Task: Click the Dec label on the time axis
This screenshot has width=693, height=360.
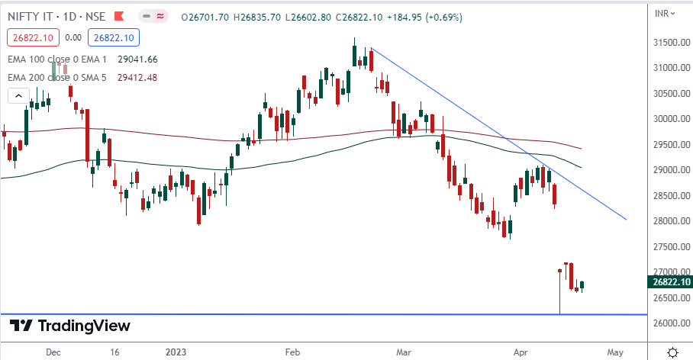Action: point(53,352)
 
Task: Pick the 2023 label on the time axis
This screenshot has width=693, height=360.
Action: point(177,352)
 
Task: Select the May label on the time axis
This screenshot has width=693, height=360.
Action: point(615,352)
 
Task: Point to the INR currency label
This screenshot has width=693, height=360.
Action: point(663,13)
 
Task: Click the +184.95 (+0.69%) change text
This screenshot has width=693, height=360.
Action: point(423,17)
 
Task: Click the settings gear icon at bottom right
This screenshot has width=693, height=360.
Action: point(672,352)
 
